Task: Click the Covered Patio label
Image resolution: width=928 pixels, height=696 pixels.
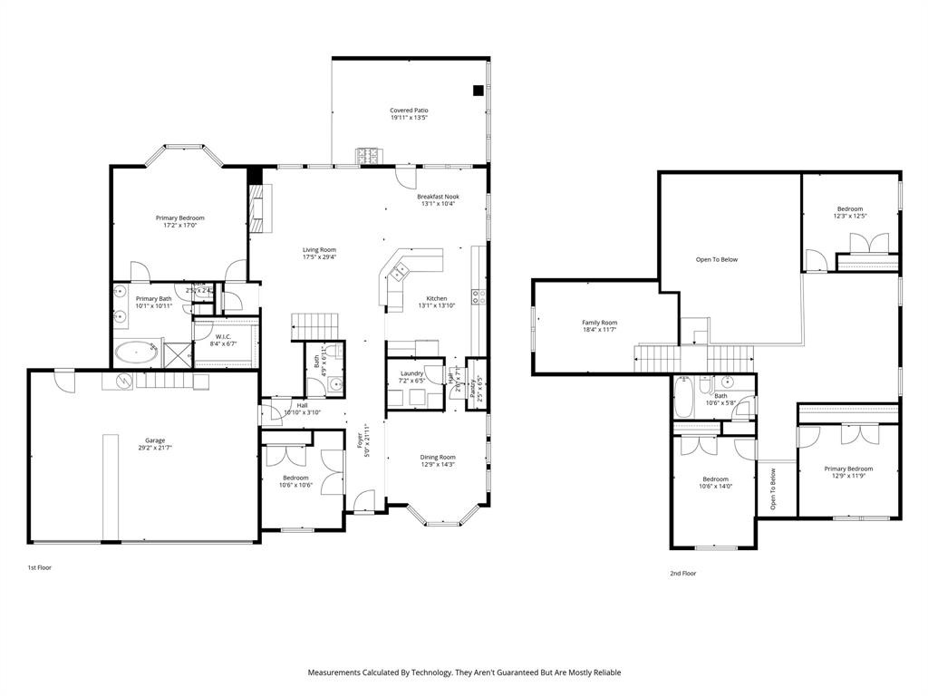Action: (409, 111)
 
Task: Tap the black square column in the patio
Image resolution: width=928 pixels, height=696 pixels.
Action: (477, 90)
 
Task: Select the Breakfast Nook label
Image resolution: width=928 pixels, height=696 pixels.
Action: (438, 197)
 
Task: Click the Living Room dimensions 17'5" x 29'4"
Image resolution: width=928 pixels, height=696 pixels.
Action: (319, 257)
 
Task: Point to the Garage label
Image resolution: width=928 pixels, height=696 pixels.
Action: (155, 440)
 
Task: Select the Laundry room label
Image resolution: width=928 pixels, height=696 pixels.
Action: (414, 373)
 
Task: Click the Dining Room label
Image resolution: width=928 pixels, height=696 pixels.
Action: (438, 458)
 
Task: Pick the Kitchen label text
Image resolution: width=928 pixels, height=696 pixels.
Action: (437, 298)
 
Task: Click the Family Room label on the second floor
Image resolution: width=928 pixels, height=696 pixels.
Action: (599, 323)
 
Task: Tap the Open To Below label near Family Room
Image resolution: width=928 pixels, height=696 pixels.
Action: (716, 260)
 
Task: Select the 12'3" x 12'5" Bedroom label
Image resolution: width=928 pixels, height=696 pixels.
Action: (850, 208)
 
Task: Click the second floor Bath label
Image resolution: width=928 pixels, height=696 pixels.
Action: (720, 395)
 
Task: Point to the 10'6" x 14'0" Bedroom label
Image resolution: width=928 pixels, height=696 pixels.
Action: (715, 479)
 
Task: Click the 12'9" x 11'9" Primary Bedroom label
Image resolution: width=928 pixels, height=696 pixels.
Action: (848, 469)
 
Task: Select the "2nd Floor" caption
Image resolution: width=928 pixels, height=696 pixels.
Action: (682, 574)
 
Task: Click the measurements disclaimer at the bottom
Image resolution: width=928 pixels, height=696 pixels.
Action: (464, 672)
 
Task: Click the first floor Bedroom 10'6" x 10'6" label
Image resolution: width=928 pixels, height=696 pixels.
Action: (295, 478)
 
